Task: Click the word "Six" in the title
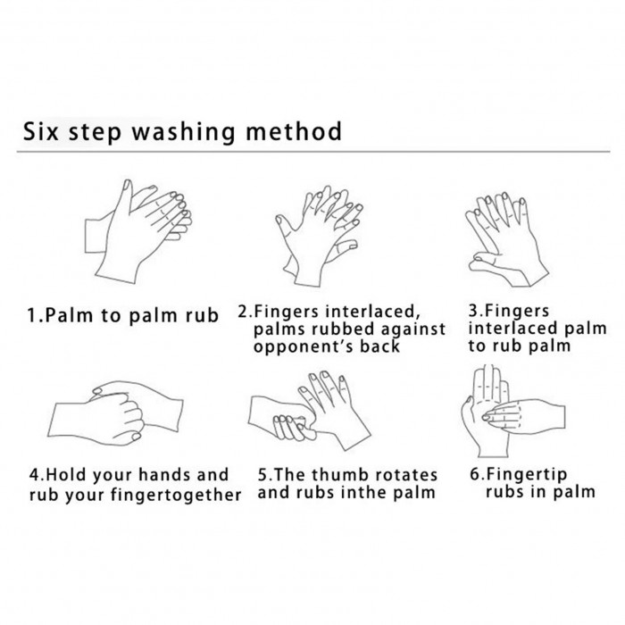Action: click(41, 131)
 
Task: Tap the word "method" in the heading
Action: click(294, 131)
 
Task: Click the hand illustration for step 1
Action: click(138, 231)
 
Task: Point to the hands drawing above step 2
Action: click(319, 236)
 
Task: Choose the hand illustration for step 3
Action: click(507, 239)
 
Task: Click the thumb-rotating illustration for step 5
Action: click(309, 412)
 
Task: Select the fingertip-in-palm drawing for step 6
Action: click(513, 412)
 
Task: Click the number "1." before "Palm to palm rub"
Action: click(36, 315)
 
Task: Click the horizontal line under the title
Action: click(313, 152)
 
